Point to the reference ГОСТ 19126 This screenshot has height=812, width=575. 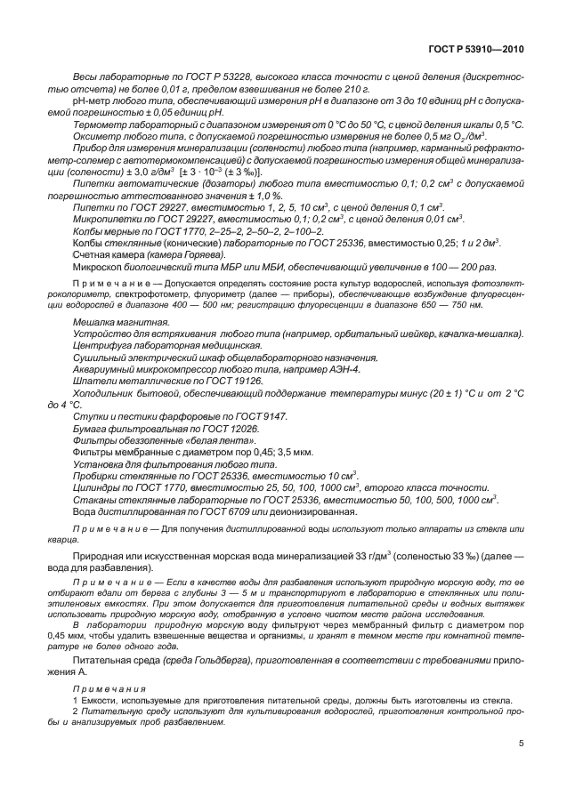[x=213, y=380]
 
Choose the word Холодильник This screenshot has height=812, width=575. [x=105, y=392]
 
